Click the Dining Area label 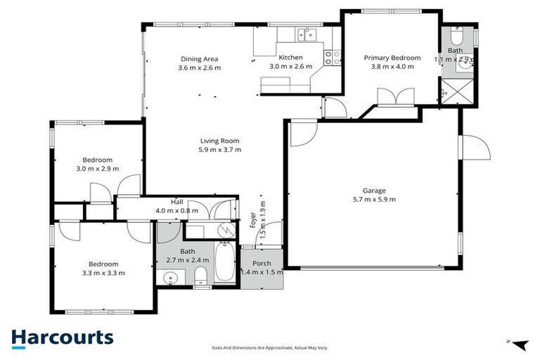tap(199, 59)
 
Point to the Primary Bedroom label tap(392, 58)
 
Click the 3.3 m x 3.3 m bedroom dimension tap(103, 273)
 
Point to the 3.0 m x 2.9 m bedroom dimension tap(97, 169)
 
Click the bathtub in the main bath tap(226, 262)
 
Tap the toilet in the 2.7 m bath tap(200, 275)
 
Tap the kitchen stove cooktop tap(330, 56)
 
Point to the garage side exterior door tap(471, 148)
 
